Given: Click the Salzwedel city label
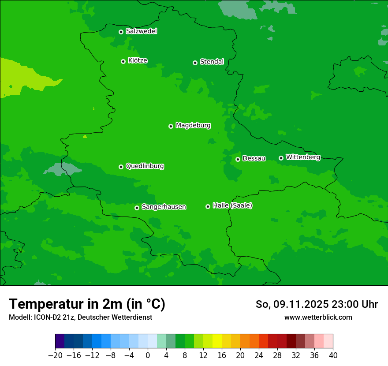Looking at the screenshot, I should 141,31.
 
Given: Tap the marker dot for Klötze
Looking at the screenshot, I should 123,61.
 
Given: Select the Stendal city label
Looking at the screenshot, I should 212,62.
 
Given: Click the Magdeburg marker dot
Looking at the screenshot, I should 171,126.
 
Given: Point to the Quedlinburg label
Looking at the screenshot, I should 145,166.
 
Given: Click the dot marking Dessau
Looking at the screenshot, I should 238,159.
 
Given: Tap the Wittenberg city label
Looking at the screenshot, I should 302,157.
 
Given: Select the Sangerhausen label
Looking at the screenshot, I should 164,207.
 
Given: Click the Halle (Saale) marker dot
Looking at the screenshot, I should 208,206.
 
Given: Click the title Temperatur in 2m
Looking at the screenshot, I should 87,304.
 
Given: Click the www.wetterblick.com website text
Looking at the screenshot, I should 318,317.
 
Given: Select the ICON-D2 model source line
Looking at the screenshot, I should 80,317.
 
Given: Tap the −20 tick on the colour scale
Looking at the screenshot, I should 55,355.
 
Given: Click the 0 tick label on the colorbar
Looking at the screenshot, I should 148,355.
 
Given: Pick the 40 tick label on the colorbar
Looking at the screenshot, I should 333,355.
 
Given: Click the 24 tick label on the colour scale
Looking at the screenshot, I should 259,355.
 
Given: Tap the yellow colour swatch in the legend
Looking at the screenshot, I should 217,341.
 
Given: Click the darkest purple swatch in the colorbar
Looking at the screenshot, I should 60,341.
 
